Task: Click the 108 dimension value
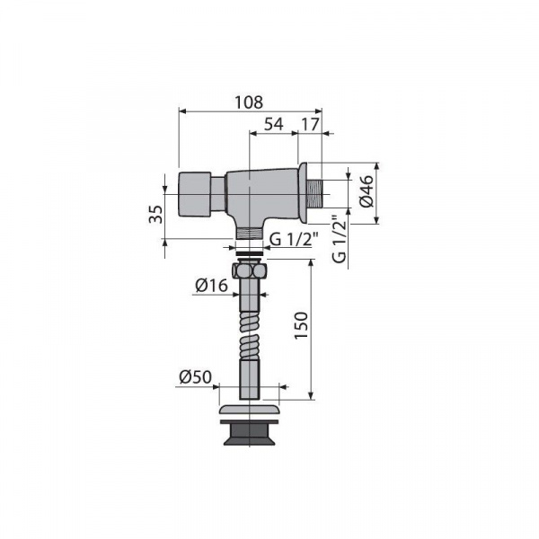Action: (x=249, y=102)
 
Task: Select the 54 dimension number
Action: (x=274, y=124)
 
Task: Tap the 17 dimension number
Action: (x=311, y=124)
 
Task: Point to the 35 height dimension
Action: (x=156, y=214)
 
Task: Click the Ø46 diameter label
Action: (x=367, y=191)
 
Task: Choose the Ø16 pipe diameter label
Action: (x=212, y=286)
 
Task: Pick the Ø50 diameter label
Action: (x=195, y=377)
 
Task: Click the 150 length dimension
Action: (x=301, y=325)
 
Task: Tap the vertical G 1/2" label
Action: (x=340, y=239)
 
